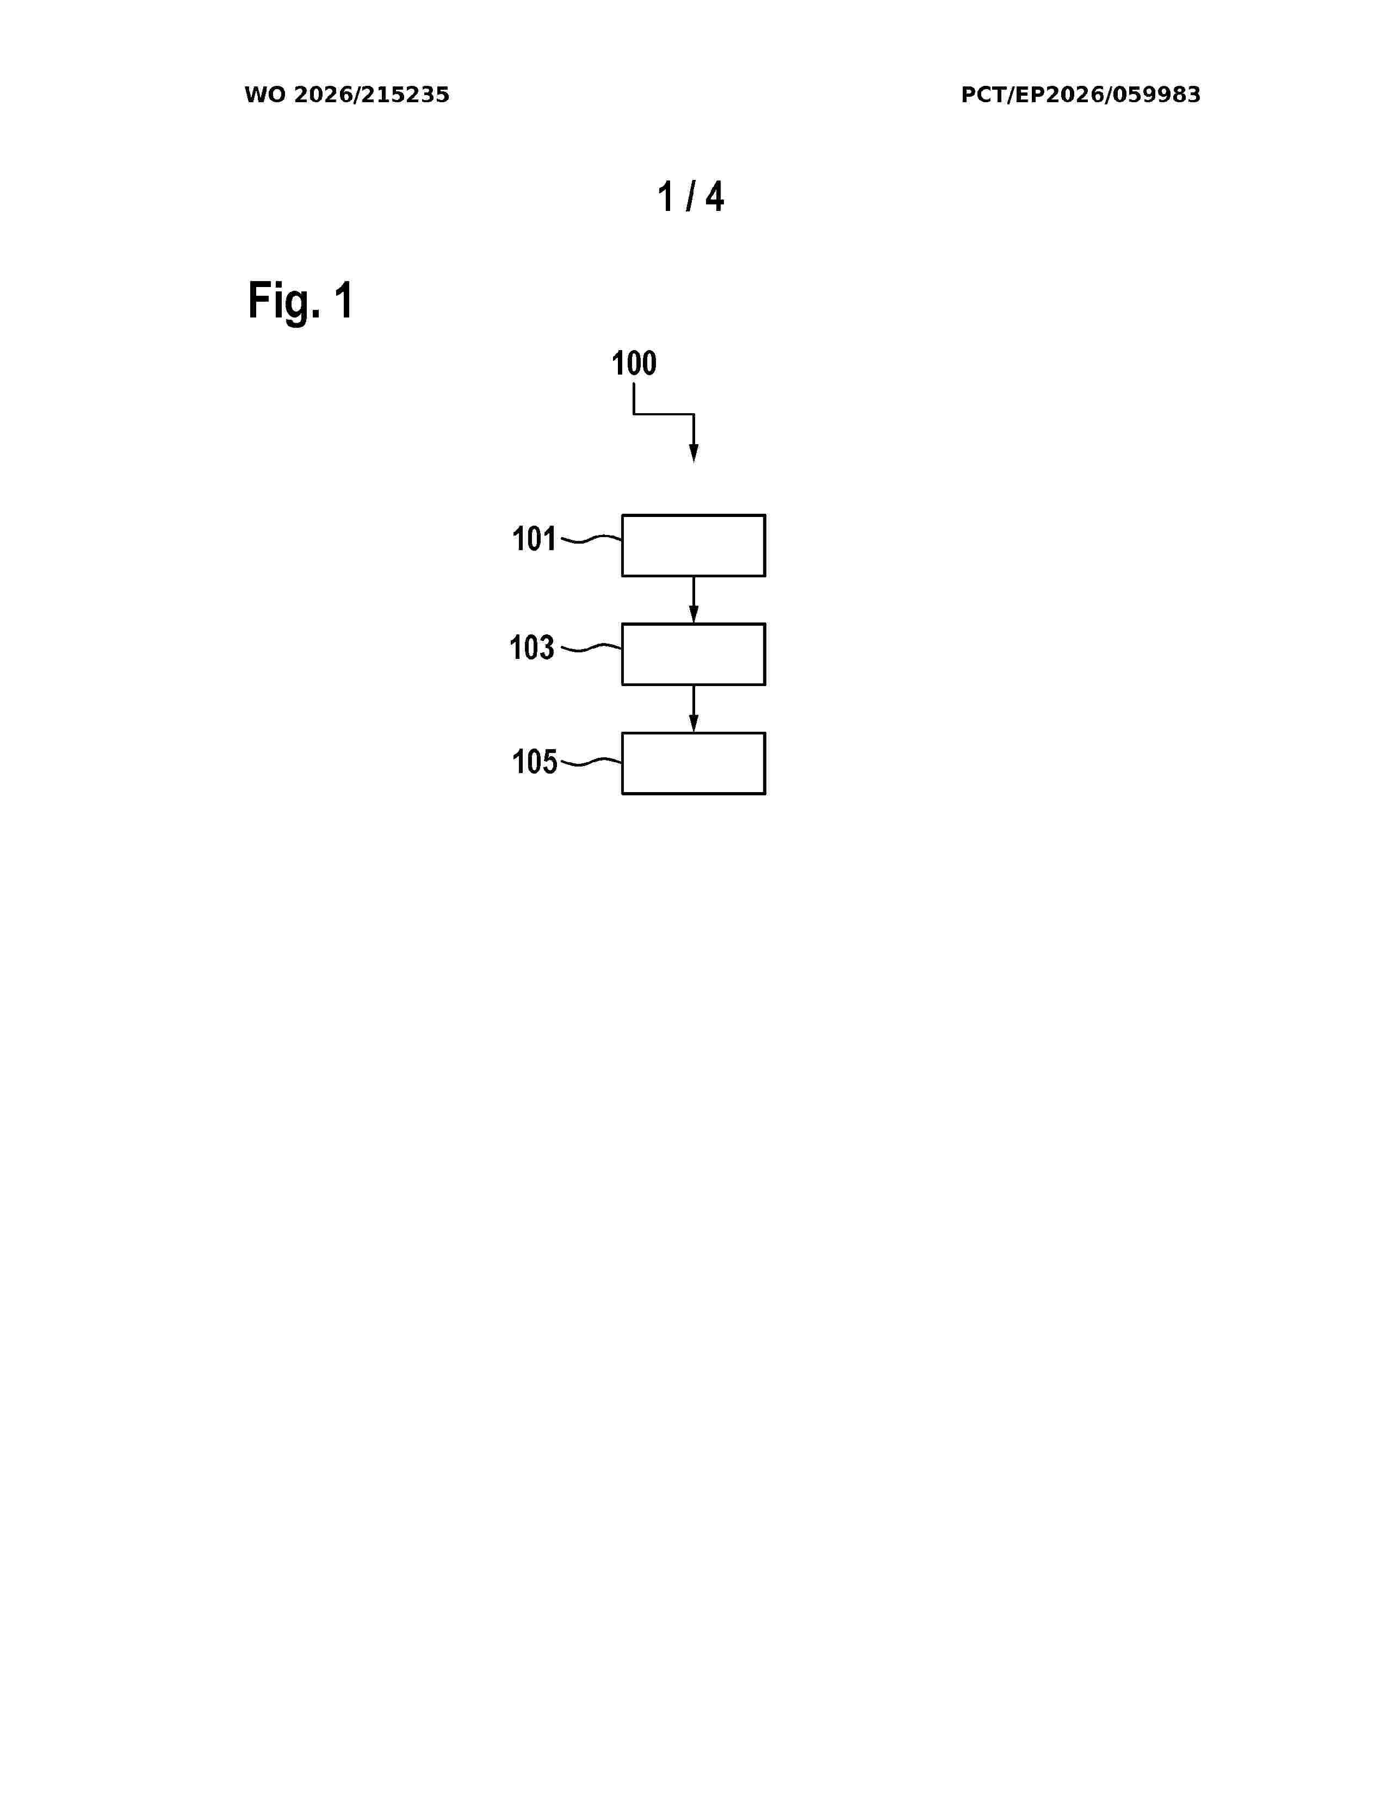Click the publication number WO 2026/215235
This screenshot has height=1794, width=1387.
[347, 95]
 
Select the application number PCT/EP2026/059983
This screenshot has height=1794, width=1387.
[1081, 95]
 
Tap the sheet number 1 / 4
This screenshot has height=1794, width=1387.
[691, 197]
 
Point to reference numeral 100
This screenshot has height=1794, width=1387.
[634, 363]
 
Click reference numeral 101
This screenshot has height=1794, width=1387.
[534, 539]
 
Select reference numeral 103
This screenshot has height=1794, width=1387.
[531, 647]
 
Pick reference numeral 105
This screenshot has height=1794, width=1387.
[534, 762]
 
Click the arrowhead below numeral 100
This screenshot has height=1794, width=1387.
[693, 453]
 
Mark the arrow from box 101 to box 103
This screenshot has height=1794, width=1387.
[693, 600]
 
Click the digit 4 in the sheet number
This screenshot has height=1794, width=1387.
[715, 197]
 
